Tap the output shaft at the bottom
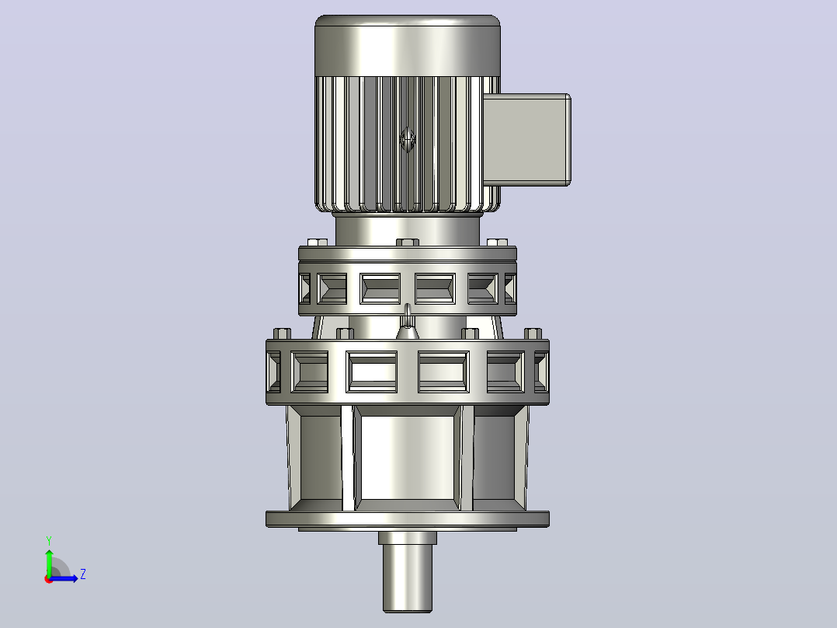pos(408,571)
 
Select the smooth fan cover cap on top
pos(408,45)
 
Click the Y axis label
pos(49,541)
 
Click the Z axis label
pos(83,574)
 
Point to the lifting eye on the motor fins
pos(408,139)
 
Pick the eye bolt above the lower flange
pos(408,323)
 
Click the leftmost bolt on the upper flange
pos(318,242)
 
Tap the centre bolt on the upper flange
pos(408,242)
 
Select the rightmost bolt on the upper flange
pos(498,242)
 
